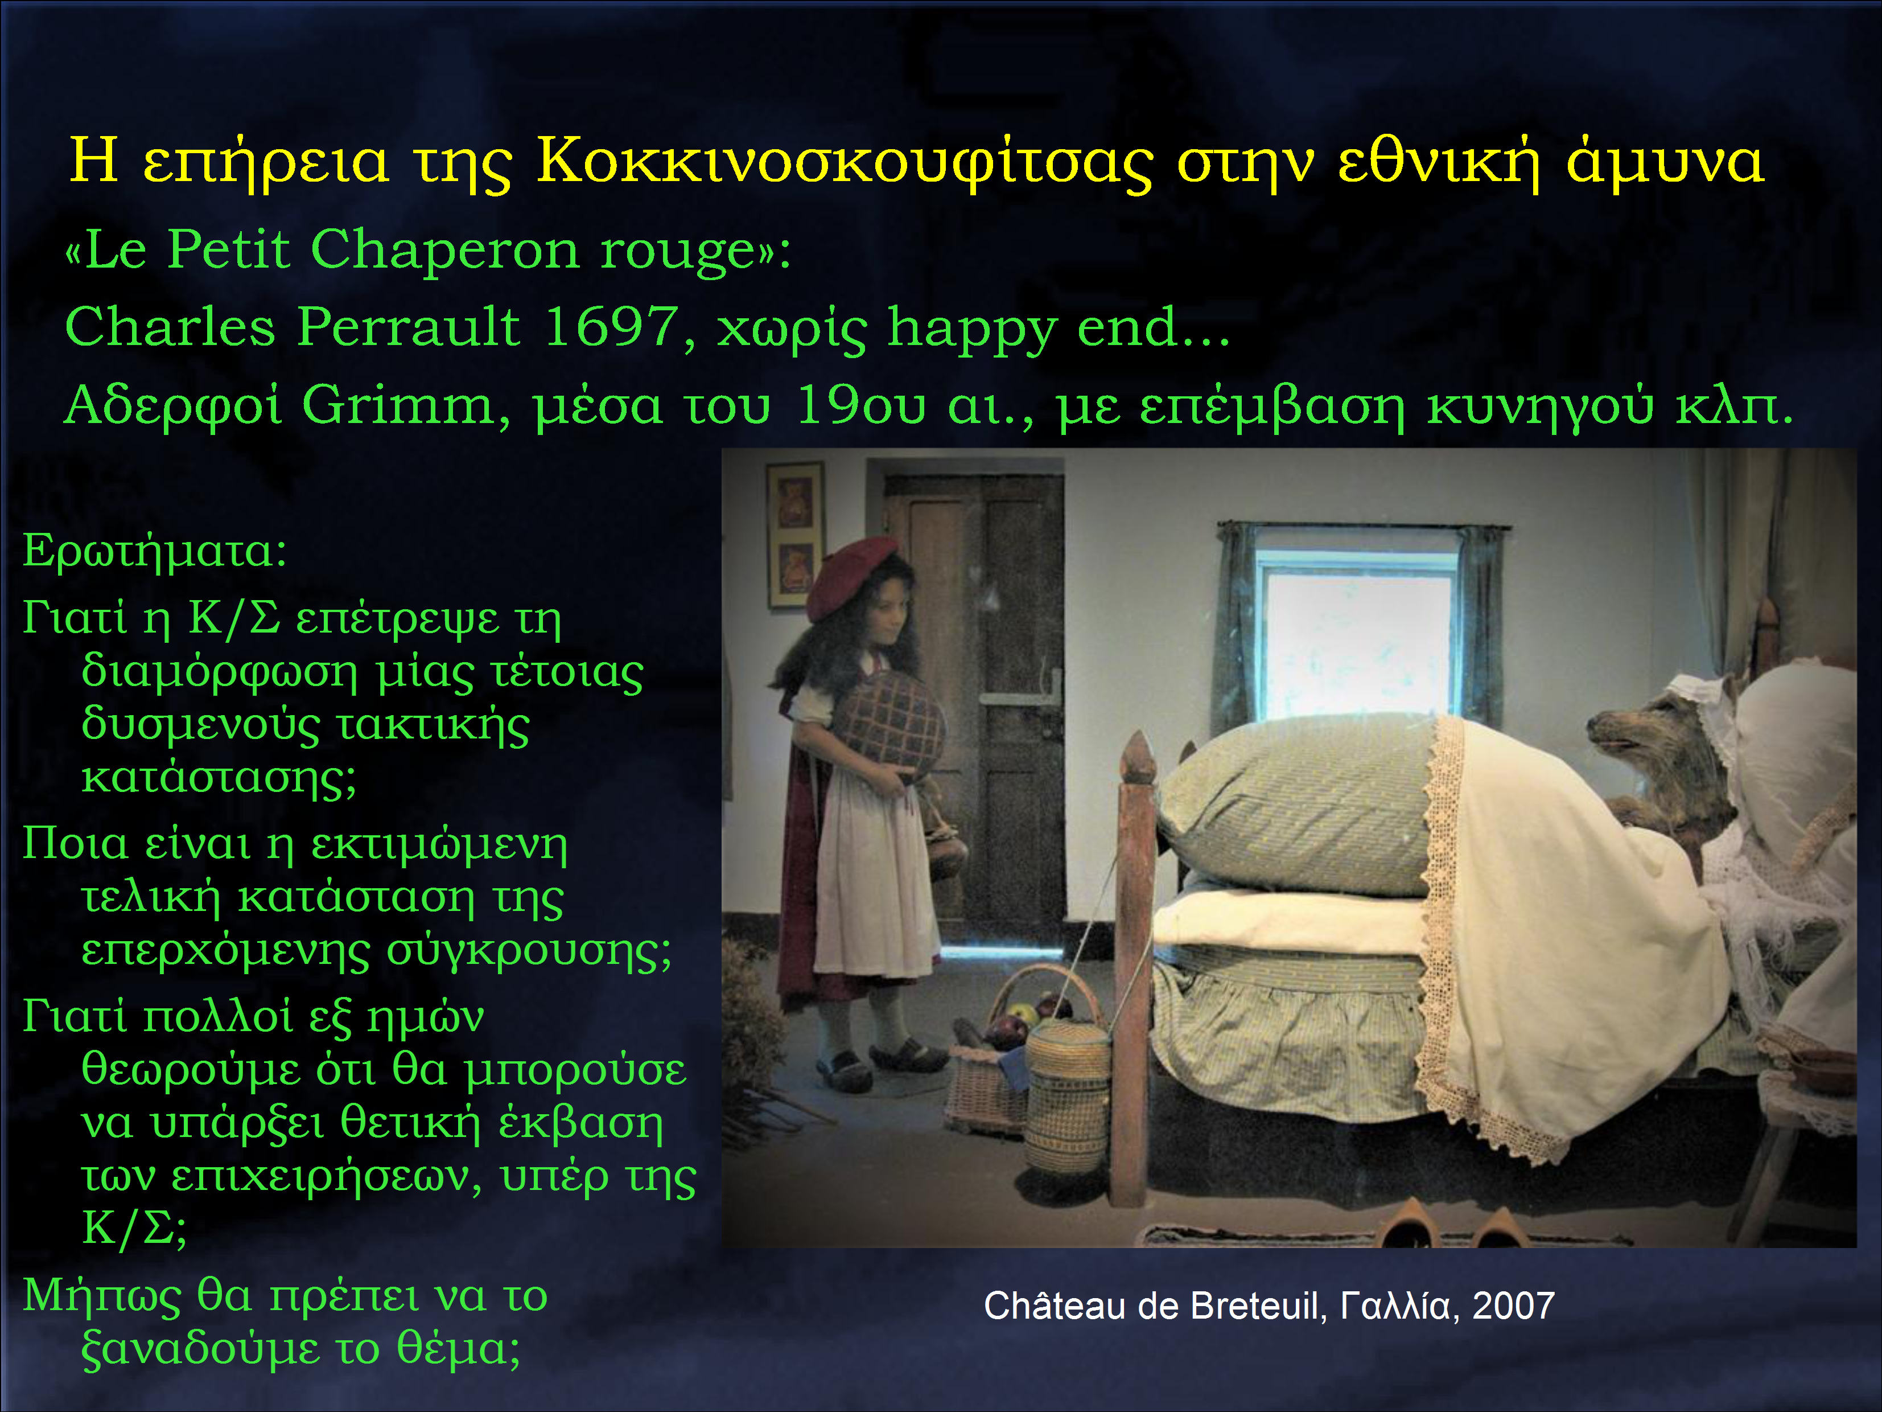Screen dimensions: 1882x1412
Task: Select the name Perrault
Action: pos(409,326)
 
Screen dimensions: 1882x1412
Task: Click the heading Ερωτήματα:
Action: pos(155,550)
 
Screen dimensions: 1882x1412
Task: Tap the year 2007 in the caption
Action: pos(1514,1306)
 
